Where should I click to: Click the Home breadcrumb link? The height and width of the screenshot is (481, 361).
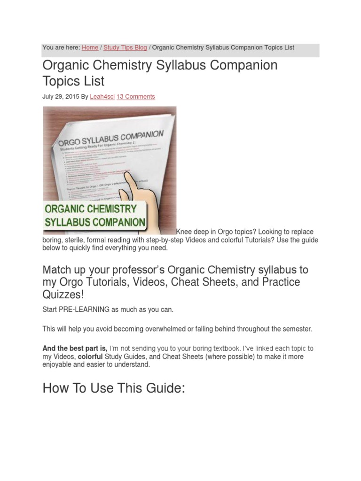pos(90,47)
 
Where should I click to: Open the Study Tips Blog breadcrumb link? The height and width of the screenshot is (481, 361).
pos(125,47)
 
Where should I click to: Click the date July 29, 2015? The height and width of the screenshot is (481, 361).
pos(60,96)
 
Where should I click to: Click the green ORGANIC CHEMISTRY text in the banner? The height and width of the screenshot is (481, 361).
pos(91,209)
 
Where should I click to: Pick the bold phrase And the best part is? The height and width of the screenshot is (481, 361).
pos(75,349)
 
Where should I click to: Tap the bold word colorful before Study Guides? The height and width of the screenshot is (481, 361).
pos(90,357)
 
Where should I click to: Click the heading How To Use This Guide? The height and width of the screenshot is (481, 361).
pos(113,388)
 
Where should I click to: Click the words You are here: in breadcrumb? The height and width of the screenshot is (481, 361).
pos(61,47)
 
